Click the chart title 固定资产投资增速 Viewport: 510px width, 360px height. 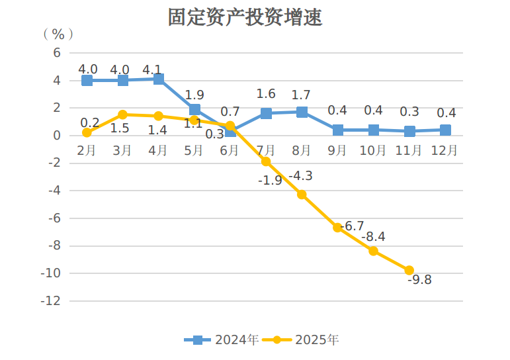coord(245,17)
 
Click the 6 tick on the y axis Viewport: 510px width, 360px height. coord(56,53)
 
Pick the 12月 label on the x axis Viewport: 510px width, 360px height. coord(445,151)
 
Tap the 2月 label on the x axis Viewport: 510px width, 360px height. coord(87,151)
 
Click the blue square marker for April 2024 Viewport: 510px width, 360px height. coord(159,79)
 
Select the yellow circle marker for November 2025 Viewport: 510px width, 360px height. coord(409,270)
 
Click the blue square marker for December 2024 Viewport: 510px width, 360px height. coord(445,130)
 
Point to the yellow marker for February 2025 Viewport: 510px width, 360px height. coord(87,132)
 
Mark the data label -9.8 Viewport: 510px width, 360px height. coord(419,280)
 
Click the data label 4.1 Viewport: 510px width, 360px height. coord(152,69)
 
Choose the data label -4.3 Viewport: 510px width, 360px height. coord(300,176)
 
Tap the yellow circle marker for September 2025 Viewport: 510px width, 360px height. coord(337,228)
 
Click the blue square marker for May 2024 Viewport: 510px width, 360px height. coord(194,110)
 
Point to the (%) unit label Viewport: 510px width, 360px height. coord(58,34)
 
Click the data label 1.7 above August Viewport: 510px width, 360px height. coord(301,95)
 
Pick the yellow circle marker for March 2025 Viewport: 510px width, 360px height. coord(122,114)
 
